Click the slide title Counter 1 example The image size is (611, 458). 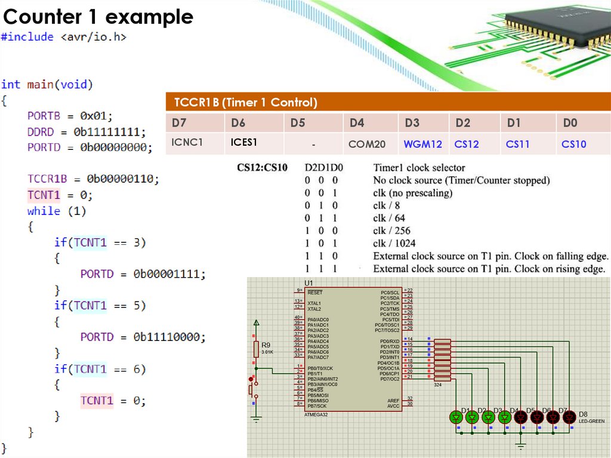click(98, 16)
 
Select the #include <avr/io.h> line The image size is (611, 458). click(64, 37)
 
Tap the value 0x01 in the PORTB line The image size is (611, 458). click(96, 116)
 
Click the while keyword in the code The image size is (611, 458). click(44, 211)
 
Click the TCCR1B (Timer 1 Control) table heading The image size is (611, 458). click(245, 102)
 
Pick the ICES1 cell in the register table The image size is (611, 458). click(244, 143)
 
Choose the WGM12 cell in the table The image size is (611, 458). click(422, 144)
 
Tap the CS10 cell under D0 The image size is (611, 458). click(573, 144)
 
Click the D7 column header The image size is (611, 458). click(178, 123)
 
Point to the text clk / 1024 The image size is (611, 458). click(394, 243)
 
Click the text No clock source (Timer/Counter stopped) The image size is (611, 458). click(461, 180)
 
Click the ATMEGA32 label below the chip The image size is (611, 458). click(316, 414)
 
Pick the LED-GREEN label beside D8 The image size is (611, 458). click(591, 421)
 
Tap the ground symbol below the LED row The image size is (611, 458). click(520, 446)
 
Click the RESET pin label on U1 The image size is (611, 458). click(314, 293)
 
